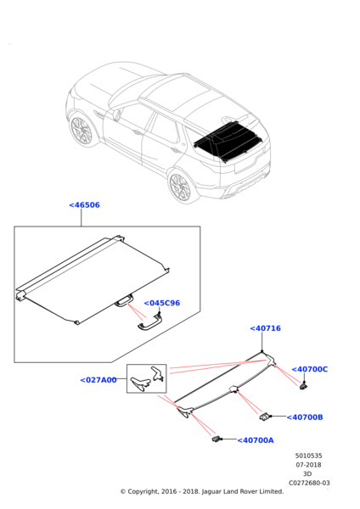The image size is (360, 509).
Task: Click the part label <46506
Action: pyautogui.click(x=84, y=205)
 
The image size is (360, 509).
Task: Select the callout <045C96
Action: pyautogui.click(x=162, y=303)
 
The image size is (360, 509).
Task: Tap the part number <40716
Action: pyautogui.click(x=265, y=328)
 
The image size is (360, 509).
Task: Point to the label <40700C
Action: pyautogui.click(x=310, y=369)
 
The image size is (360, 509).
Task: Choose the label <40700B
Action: pyautogui.click(x=305, y=417)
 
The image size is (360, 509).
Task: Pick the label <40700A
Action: pyautogui.click(x=256, y=440)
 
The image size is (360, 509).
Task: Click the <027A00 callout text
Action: pyautogui.click(x=98, y=380)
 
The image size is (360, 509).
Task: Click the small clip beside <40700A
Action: pyautogui.click(x=216, y=439)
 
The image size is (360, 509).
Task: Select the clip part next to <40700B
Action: pyautogui.click(x=264, y=417)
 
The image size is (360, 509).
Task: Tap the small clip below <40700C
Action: pyautogui.click(x=303, y=386)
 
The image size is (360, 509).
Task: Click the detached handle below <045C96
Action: pyautogui.click(x=149, y=325)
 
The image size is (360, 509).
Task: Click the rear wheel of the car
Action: pyautogui.click(x=181, y=187)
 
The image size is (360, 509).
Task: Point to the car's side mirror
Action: pyautogui.click(x=116, y=115)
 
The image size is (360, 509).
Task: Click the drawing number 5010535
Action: pyautogui.click(x=309, y=456)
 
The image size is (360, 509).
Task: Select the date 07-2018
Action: pyautogui.click(x=308, y=465)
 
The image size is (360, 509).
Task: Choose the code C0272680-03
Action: pyautogui.click(x=309, y=483)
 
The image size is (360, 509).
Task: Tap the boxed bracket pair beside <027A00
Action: pyautogui.click(x=147, y=378)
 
